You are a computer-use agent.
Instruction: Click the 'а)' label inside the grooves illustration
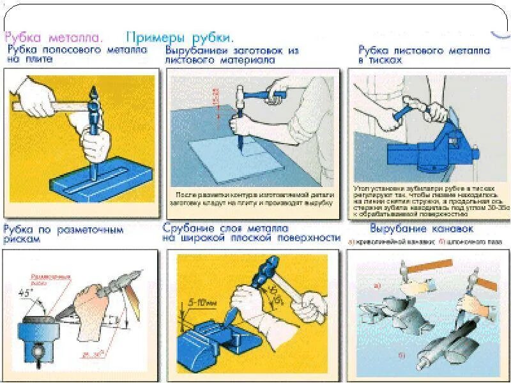[378, 286]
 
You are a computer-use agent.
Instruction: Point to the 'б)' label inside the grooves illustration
[401, 355]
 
